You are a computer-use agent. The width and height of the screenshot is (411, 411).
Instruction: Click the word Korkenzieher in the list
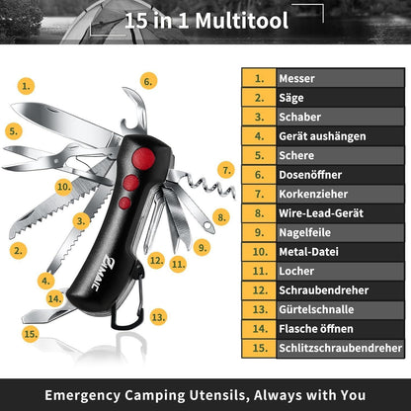313,194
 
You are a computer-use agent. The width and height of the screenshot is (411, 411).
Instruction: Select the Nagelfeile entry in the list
304,232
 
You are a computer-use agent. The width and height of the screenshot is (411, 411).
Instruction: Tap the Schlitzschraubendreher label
341,348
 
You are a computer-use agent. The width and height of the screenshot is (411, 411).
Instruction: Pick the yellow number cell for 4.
259,136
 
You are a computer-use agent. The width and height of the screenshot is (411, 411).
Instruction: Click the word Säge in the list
291,98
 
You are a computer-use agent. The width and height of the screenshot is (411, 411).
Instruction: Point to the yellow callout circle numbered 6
148,81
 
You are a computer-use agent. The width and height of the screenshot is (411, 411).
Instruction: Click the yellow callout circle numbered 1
26,86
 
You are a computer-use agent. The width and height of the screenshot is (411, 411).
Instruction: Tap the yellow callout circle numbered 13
158,317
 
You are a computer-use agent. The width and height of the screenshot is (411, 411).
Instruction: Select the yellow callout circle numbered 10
63,187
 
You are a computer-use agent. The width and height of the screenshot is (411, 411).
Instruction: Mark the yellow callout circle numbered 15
31,334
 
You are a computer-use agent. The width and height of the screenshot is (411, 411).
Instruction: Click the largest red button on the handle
143,159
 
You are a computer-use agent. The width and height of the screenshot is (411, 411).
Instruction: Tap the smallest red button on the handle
124,204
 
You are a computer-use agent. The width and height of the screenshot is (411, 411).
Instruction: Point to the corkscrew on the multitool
205,187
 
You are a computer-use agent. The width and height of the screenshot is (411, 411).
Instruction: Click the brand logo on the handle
101,273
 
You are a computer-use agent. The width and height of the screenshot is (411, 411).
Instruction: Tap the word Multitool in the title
242,21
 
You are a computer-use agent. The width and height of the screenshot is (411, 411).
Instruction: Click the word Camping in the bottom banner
154,395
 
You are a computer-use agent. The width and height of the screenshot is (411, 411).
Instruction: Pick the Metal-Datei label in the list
308,252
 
